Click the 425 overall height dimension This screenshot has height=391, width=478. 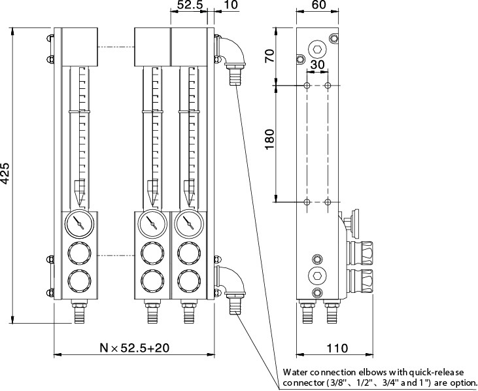click(x=6, y=175)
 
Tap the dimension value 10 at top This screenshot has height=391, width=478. click(x=230, y=5)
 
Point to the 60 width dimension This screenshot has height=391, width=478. click(x=318, y=5)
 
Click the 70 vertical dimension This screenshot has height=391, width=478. click(x=270, y=57)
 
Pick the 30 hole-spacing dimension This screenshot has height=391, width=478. click(x=317, y=65)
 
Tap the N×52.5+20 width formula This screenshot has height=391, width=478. click(x=134, y=348)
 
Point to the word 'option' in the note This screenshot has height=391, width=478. click(x=460, y=382)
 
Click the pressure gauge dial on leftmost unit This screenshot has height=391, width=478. click(x=79, y=224)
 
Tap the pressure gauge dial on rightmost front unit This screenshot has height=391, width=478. click(x=189, y=224)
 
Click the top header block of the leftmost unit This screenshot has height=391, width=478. click(x=79, y=46)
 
